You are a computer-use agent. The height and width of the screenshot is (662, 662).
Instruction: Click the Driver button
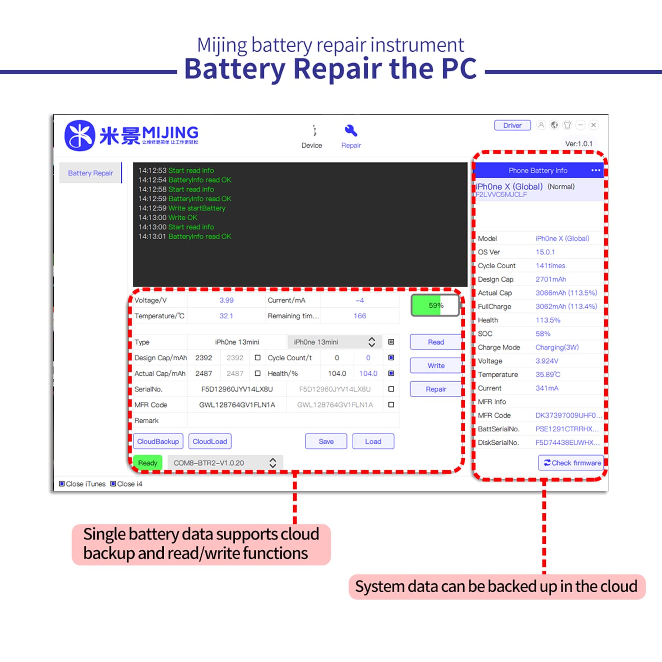[x=512, y=125]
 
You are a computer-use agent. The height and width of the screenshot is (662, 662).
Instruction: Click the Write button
[x=436, y=365]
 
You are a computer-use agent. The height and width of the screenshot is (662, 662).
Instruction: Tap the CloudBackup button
[x=158, y=441]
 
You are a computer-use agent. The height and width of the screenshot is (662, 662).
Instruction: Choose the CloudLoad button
[x=210, y=441]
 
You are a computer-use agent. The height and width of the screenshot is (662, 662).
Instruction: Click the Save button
[x=326, y=441]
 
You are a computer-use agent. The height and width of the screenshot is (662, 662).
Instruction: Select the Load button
[x=373, y=441]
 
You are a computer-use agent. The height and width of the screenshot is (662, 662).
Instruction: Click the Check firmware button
[x=571, y=463]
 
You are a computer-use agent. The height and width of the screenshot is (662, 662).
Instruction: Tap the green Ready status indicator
[x=147, y=463]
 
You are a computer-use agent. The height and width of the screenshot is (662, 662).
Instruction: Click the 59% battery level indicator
[x=435, y=305]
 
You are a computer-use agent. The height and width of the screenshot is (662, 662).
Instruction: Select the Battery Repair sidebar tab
[x=90, y=173]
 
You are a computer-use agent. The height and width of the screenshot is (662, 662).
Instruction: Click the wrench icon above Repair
[x=351, y=131]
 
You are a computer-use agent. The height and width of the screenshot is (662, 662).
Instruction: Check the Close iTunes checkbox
[x=62, y=484]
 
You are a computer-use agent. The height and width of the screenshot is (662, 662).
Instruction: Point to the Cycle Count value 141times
[x=550, y=266]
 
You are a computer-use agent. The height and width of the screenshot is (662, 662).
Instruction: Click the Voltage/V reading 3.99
[x=226, y=300]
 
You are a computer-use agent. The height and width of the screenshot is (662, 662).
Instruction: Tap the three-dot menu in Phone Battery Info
[x=595, y=170]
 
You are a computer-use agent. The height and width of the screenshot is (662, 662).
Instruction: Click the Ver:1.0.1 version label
[x=579, y=143]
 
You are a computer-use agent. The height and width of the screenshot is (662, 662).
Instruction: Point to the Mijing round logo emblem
[x=80, y=135]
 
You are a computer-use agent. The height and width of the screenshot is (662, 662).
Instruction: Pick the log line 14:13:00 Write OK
[x=168, y=218]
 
